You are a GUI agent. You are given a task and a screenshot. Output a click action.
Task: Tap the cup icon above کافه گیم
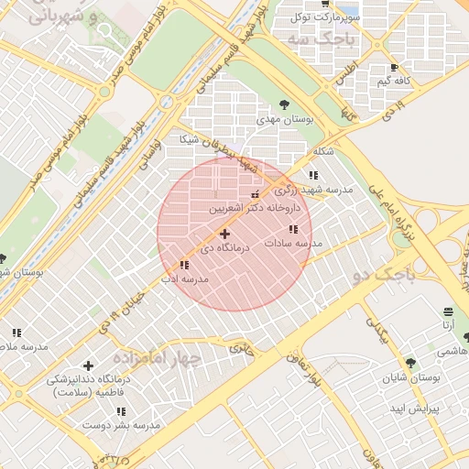tap(394, 68)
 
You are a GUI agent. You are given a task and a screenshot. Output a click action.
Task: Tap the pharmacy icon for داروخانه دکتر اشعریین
tap(255, 194)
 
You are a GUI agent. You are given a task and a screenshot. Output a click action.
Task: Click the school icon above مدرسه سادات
tap(292, 229)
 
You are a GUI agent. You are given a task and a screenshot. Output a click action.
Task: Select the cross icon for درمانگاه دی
tap(224, 234)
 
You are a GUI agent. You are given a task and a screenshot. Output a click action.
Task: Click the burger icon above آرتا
tap(447, 311)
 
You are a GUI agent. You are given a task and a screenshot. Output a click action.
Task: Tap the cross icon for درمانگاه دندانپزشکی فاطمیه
tap(88, 365)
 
